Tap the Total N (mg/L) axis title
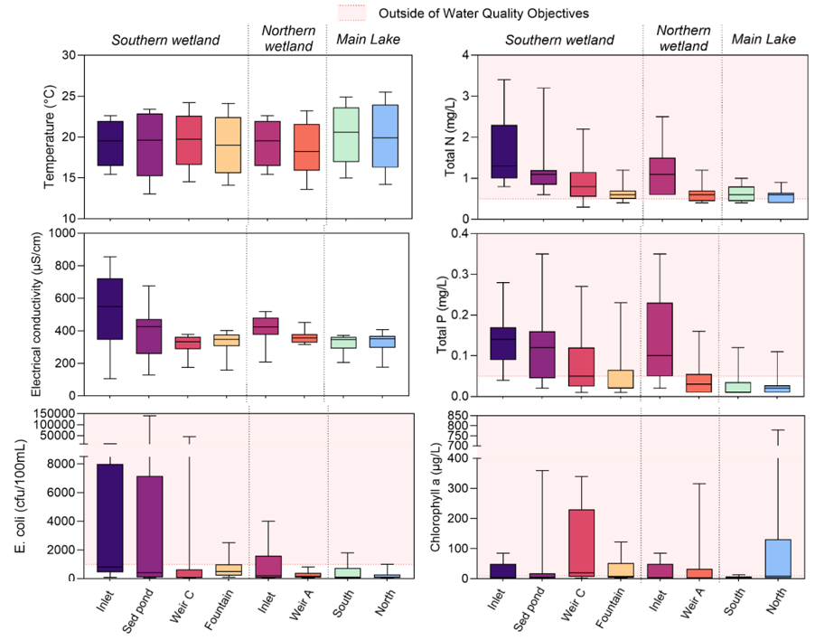tap(450, 136)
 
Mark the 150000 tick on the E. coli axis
tap(55, 414)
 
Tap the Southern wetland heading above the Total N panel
tap(559, 40)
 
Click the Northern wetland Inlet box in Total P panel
tap(661, 339)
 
